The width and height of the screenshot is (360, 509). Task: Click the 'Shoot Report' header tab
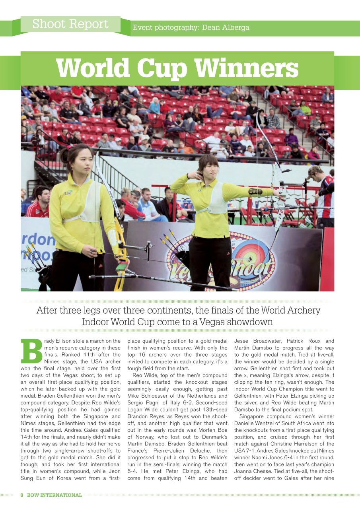[70, 24]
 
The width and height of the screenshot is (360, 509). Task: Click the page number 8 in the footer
[22, 495]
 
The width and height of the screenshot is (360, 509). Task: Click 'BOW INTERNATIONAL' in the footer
[54, 495]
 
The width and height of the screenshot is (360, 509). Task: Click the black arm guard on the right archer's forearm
[255, 192]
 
